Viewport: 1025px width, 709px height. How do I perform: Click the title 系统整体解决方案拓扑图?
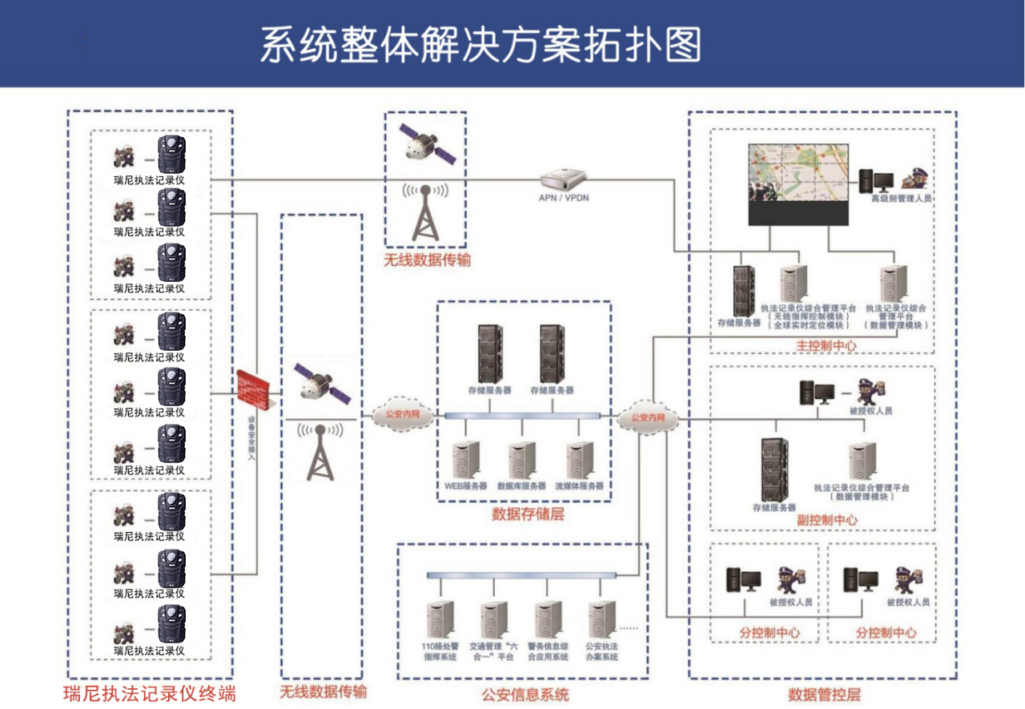coord(480,45)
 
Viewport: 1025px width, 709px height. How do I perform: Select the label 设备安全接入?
coord(251,441)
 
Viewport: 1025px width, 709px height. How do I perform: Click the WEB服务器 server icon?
coord(465,460)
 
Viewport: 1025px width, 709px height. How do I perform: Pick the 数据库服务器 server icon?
coord(521,460)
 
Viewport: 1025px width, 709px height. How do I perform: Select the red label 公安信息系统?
coord(525,694)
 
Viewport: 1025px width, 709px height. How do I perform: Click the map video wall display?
coord(798,184)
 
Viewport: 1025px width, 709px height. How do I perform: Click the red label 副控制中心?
coord(826,519)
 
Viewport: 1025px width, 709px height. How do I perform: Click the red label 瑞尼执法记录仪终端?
coord(150,693)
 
